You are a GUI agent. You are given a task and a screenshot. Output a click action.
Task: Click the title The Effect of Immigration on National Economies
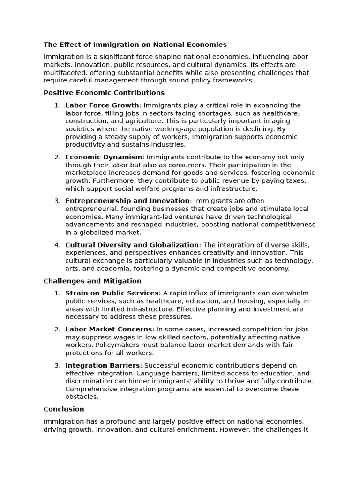[x=135, y=45]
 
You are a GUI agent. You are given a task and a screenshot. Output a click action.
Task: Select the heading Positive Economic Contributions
[x=104, y=93]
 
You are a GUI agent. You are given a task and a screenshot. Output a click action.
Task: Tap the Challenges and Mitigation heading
[x=92, y=281]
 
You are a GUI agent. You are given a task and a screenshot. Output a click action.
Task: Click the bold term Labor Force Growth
[x=102, y=105]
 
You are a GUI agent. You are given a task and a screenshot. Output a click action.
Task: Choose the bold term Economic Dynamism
[x=104, y=157]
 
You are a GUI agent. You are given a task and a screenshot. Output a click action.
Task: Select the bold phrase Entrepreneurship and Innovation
[x=127, y=201]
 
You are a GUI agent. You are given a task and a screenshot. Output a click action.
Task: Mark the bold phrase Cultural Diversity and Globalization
[x=132, y=245]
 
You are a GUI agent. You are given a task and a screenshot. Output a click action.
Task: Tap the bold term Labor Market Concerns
[x=109, y=329]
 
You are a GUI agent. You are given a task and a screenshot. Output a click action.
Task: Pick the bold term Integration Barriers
[x=103, y=365]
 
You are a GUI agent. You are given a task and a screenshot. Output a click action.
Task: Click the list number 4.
[x=57, y=245]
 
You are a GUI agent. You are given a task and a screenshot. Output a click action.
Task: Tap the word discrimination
[x=88, y=381]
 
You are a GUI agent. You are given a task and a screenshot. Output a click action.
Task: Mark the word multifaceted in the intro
[x=64, y=73]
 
